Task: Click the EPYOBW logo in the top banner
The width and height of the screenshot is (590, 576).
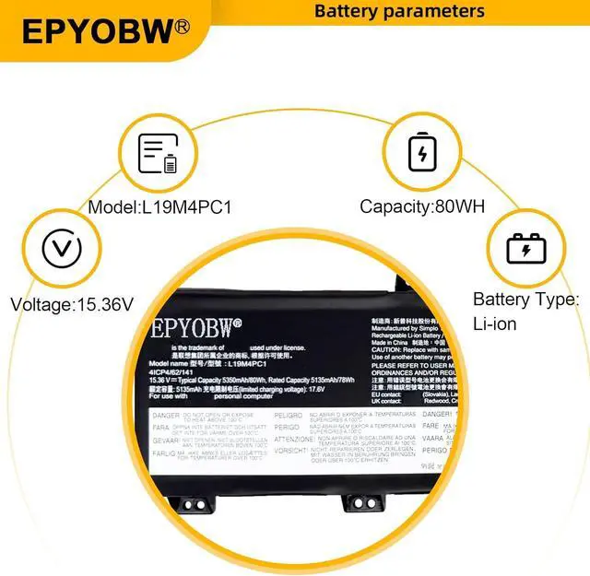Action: [96, 30]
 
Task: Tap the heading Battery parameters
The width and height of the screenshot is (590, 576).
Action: [399, 11]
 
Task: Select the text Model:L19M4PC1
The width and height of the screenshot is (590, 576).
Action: [159, 207]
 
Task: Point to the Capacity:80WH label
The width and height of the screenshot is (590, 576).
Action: [422, 207]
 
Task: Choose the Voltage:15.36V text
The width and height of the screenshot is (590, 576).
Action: [72, 303]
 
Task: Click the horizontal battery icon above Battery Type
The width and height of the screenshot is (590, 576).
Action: [526, 248]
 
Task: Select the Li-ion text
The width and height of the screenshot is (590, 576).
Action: [494, 323]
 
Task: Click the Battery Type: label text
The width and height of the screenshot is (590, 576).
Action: [525, 300]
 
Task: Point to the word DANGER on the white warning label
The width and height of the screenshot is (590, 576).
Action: [165, 417]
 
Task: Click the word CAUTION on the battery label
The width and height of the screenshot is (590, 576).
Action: [387, 350]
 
